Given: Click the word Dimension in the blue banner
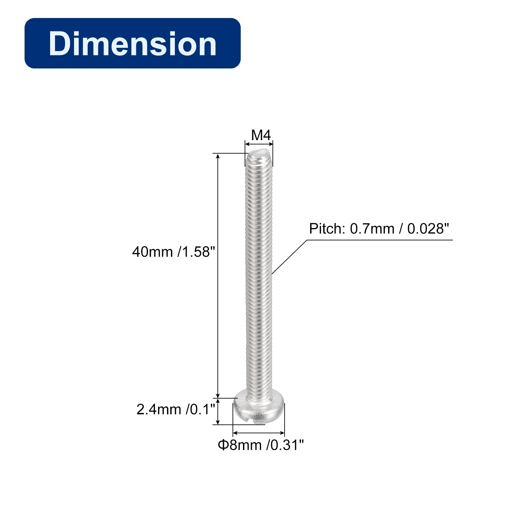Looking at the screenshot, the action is tap(133, 44).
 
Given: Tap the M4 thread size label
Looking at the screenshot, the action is tap(261, 135).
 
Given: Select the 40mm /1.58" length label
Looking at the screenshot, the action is tap(174, 252).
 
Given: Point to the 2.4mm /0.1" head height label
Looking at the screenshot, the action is tap(176, 409).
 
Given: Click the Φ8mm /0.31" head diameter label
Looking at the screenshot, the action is tap(261, 445).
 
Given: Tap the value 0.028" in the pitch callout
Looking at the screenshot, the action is tap(428, 229).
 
